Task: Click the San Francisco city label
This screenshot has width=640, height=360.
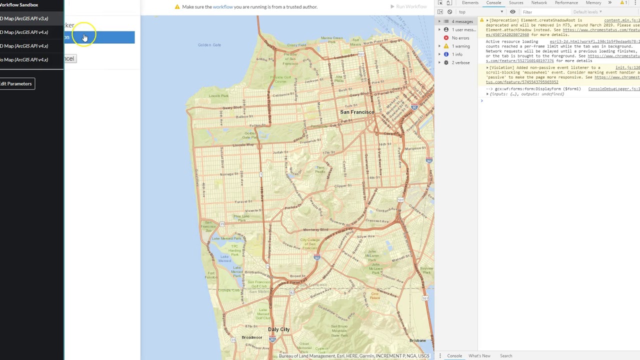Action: (x=357, y=112)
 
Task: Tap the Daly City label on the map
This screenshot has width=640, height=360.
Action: (x=278, y=329)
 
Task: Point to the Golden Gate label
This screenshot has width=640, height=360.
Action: (x=209, y=45)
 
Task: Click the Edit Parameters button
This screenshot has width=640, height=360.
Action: (x=16, y=83)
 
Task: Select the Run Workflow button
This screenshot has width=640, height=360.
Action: (x=408, y=6)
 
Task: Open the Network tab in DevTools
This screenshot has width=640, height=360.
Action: (x=539, y=3)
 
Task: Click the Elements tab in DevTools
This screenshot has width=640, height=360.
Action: (x=470, y=3)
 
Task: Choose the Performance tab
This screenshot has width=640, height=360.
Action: (x=566, y=3)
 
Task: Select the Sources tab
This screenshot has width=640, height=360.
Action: (x=516, y=3)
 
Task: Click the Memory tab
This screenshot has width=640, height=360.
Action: (x=593, y=3)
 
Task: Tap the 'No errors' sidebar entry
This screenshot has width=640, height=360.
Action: (x=460, y=38)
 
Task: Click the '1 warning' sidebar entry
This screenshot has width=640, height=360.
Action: (x=460, y=46)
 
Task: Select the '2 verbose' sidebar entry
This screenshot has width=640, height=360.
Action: (x=460, y=62)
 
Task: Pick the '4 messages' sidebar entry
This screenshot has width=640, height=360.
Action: (x=462, y=21)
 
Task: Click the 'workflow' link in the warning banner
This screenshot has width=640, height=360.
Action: (x=222, y=7)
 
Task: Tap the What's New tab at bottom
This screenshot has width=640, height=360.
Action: (x=479, y=356)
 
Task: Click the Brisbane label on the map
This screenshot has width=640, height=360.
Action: (x=417, y=340)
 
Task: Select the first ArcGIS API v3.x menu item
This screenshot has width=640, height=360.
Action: (x=25, y=18)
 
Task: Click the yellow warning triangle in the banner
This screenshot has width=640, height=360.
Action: (x=177, y=7)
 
